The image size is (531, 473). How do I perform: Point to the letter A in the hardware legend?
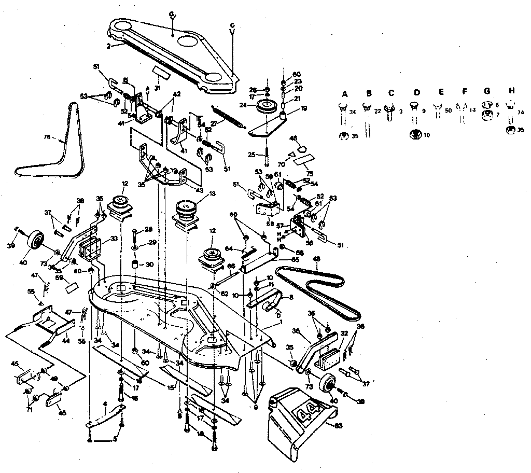click(x=344, y=93)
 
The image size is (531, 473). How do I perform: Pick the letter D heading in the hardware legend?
click(x=416, y=93)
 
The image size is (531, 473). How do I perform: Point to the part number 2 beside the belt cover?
click(x=108, y=46)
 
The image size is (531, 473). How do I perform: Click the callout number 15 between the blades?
click(x=170, y=386)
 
